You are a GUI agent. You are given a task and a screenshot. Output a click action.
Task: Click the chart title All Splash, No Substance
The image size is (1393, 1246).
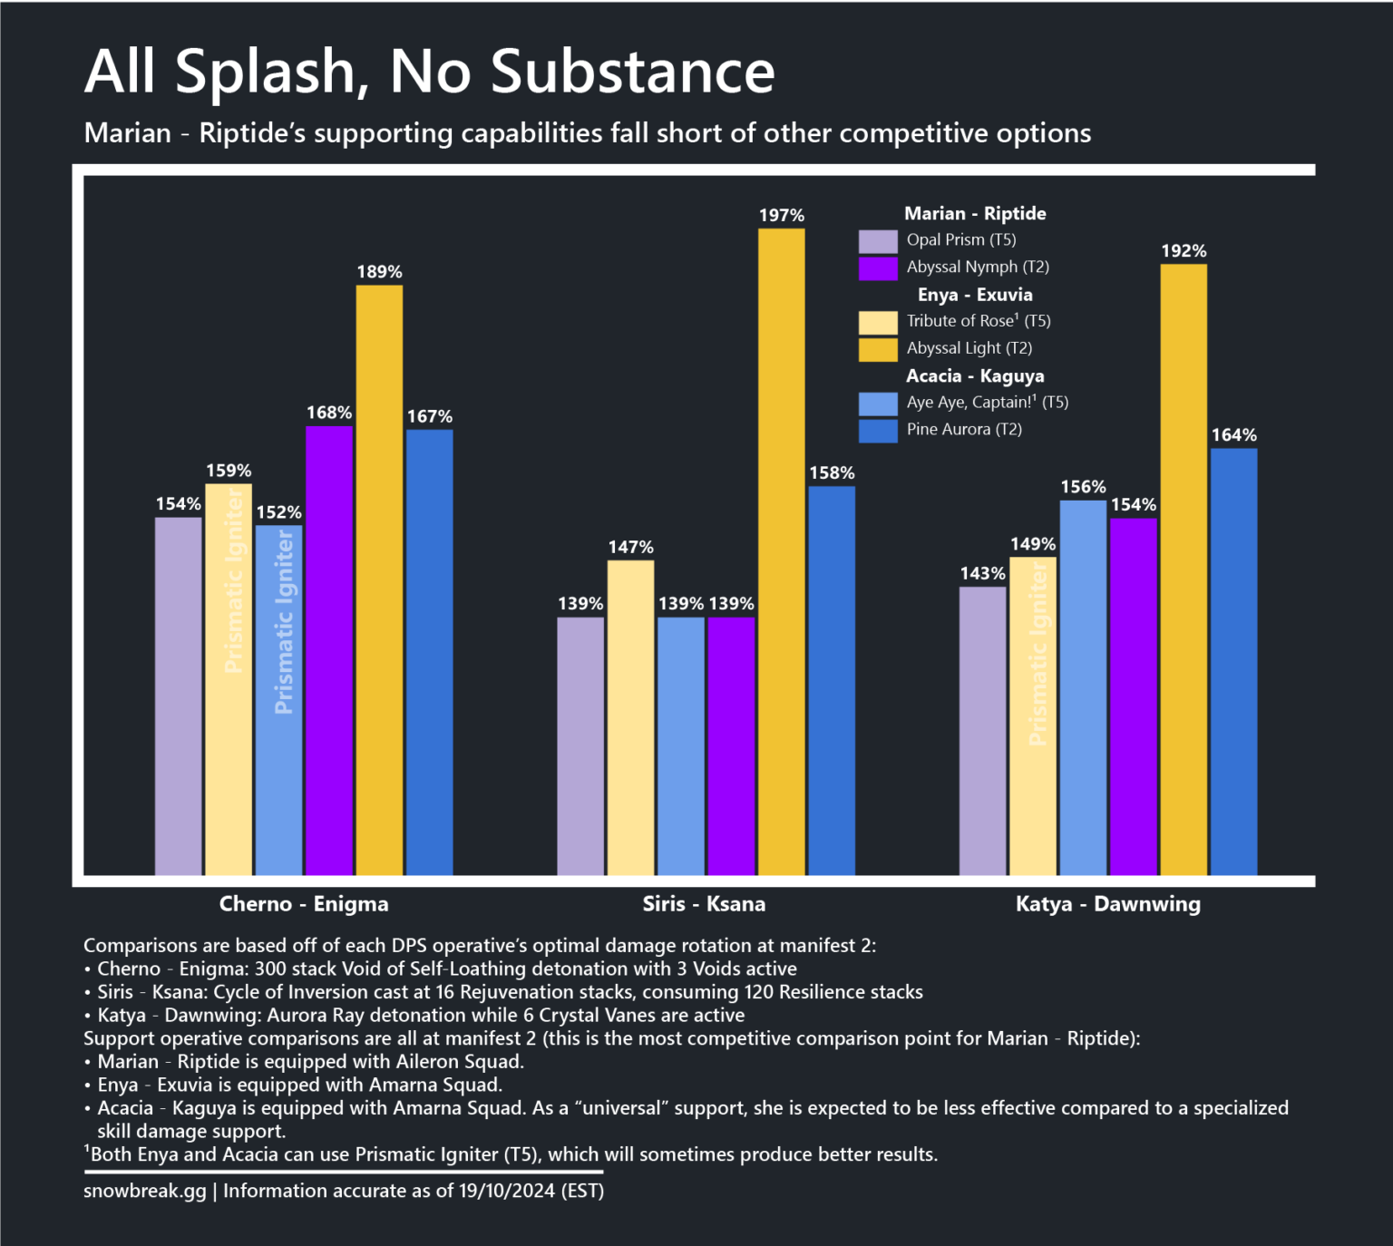coord(429,71)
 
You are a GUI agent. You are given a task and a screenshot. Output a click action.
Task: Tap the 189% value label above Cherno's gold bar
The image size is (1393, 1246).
coord(379,272)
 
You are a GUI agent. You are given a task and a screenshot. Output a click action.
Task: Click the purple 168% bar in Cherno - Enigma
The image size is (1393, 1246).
coord(329,649)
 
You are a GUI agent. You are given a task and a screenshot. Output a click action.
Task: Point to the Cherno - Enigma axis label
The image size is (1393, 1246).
coord(304,904)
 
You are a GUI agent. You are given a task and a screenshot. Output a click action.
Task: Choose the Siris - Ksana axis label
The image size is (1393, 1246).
coord(704,904)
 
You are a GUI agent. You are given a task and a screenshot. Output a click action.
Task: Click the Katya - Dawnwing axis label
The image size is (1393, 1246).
coord(1107,904)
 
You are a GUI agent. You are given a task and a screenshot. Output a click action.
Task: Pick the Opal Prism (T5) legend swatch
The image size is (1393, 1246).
coord(877,241)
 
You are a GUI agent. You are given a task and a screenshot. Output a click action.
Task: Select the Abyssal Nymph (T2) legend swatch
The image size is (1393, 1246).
coord(877,268)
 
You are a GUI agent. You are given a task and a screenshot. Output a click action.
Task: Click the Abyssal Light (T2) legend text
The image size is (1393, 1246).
coord(969,348)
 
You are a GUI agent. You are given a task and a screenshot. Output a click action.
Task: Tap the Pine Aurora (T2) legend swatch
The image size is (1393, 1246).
coord(877,431)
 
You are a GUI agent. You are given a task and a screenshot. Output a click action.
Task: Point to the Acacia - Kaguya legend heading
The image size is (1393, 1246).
coord(975,376)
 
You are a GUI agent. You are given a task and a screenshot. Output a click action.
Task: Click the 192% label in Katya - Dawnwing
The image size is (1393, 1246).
coord(1184,251)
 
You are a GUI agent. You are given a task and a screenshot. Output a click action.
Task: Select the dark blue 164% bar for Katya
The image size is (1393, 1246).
coord(1233,661)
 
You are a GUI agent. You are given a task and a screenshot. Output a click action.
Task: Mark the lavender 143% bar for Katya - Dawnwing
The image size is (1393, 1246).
coord(982,730)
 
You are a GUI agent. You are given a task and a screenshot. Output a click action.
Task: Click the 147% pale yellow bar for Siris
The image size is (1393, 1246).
coord(630,717)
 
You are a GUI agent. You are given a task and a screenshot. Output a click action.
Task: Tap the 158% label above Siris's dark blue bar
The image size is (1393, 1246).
coord(832,473)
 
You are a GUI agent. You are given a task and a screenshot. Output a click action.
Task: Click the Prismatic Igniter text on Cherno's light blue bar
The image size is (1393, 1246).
coord(283,622)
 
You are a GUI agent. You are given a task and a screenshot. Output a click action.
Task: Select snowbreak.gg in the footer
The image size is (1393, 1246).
coord(145,1191)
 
